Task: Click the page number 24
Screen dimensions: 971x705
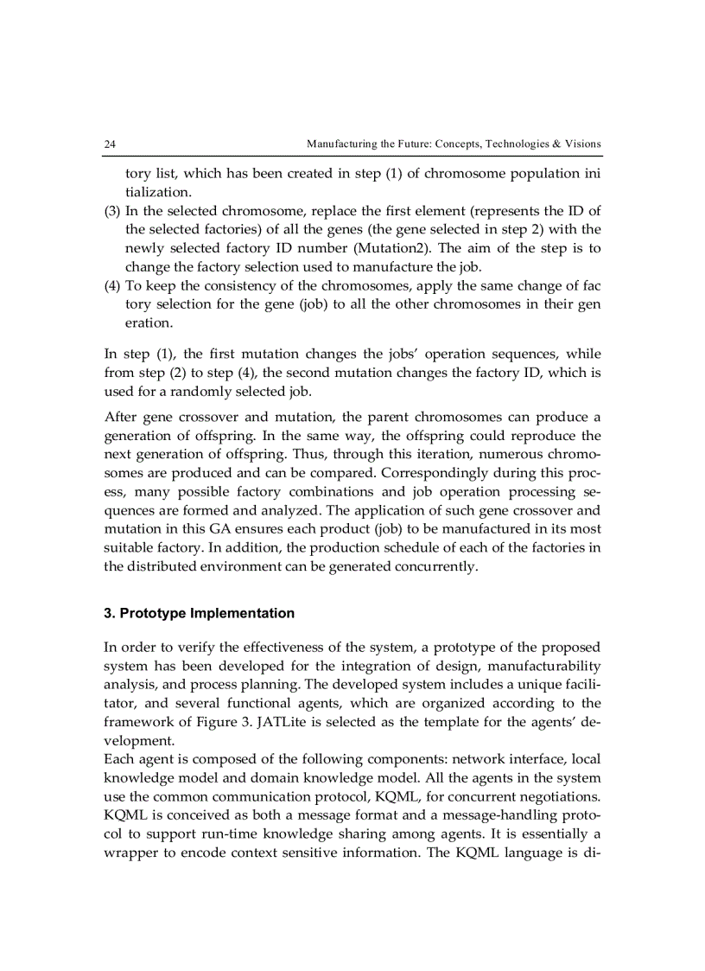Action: click(110, 144)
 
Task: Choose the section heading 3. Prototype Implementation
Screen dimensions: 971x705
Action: click(199, 613)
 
